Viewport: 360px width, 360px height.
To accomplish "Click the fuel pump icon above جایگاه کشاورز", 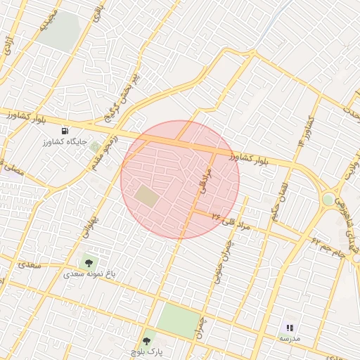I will click(65, 131).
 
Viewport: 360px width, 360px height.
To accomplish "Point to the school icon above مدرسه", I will click(289, 328).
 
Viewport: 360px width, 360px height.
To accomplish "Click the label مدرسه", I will click(289, 338).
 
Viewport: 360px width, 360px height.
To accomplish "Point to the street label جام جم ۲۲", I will click(328, 247).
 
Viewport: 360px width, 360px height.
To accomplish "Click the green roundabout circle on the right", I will click(328, 200).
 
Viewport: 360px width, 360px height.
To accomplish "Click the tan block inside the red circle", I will click(147, 195).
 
